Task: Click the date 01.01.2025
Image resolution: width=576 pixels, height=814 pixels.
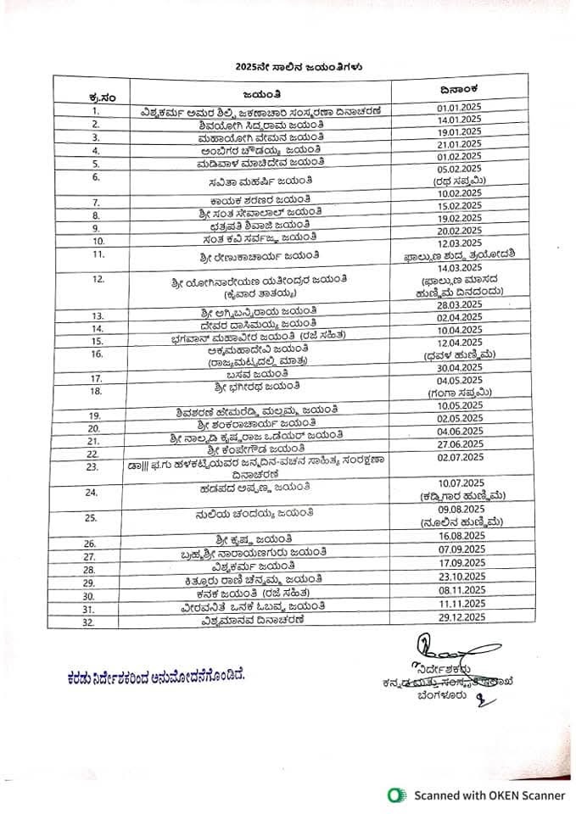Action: tap(459, 109)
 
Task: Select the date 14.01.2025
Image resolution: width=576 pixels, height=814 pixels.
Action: tap(459, 121)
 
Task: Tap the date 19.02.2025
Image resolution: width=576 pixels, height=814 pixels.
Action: tap(459, 217)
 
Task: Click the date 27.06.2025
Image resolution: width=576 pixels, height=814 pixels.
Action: tap(459, 443)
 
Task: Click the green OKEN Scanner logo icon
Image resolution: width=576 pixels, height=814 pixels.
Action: tap(394, 794)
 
